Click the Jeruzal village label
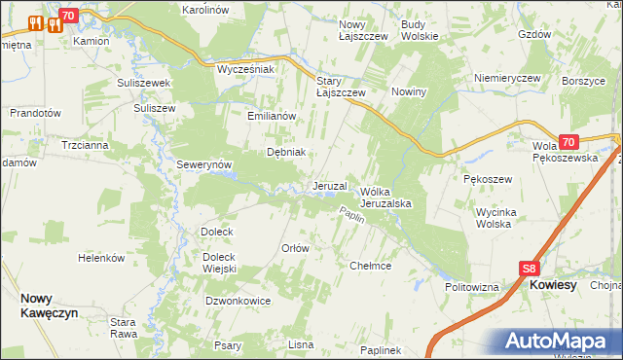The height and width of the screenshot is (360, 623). [x=330, y=186]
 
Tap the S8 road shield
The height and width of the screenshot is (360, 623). [x=529, y=270]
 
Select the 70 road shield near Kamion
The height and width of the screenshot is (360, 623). [x=67, y=16]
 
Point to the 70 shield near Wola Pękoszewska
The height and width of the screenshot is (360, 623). [x=569, y=141]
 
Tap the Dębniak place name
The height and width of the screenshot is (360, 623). [x=287, y=152]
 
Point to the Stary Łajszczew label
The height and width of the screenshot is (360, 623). [x=341, y=87]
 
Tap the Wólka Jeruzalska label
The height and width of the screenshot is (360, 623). [x=388, y=198]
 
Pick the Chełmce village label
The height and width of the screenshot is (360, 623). [x=370, y=266]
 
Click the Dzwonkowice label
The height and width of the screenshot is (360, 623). [x=238, y=302]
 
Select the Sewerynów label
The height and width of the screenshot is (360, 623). [x=202, y=165]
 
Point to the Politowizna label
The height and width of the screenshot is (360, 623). [x=472, y=288]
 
